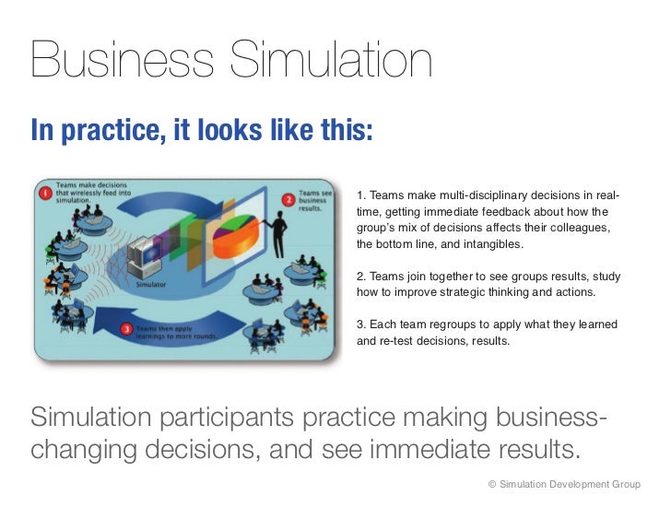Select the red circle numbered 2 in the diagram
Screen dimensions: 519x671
[x=288, y=199]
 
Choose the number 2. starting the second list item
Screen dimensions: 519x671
[x=360, y=277]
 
